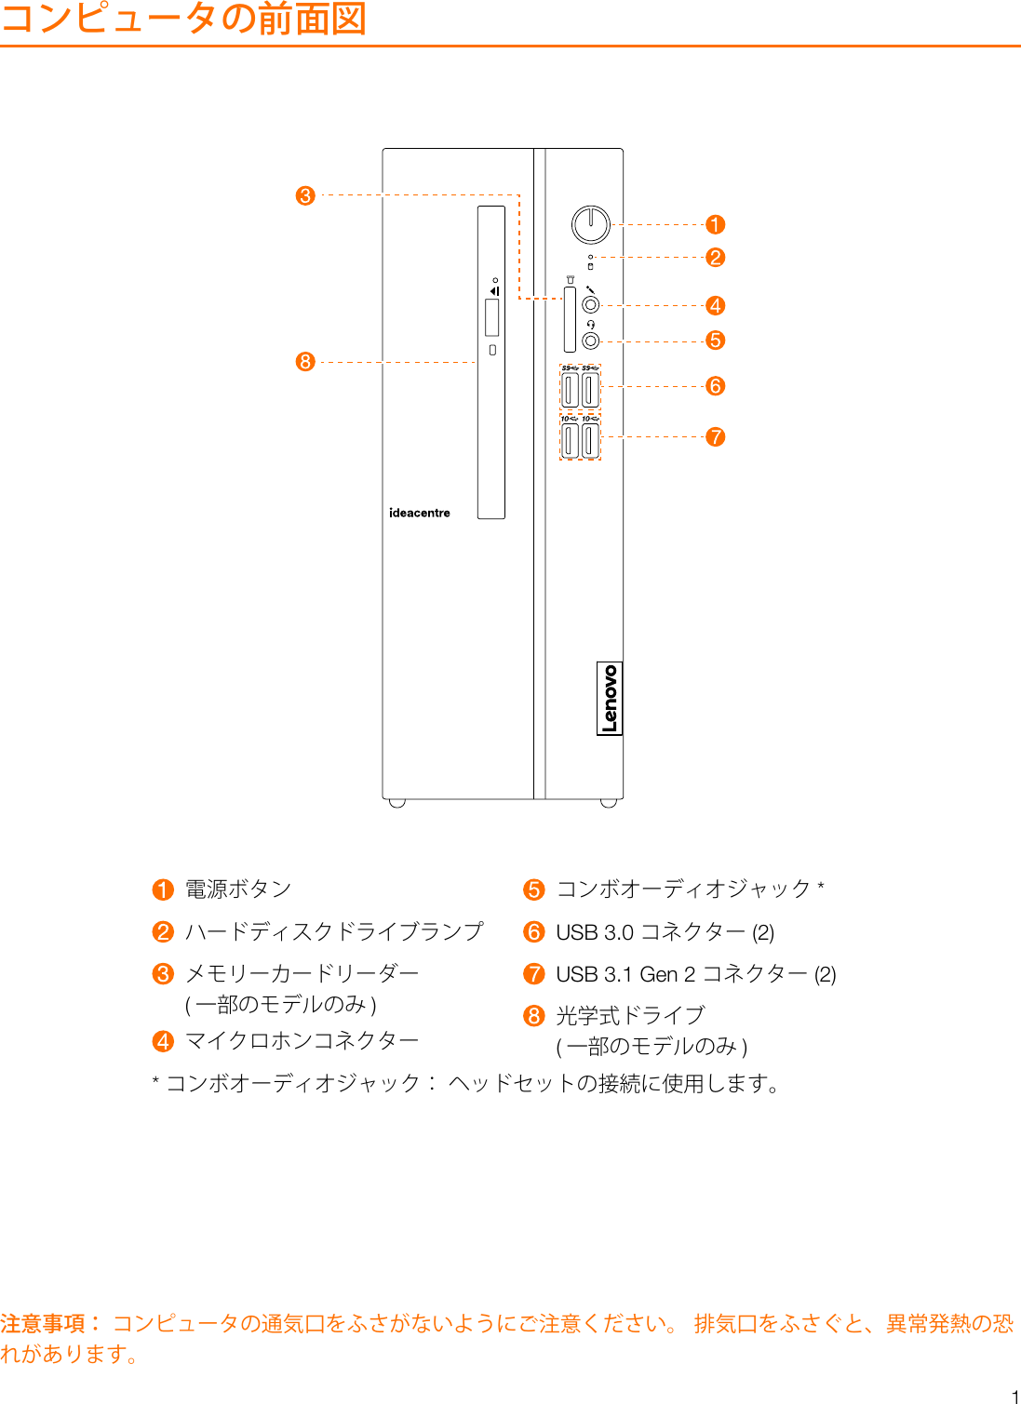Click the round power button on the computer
(x=591, y=224)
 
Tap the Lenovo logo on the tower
(x=609, y=699)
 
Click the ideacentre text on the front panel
(x=419, y=513)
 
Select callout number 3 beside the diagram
(x=305, y=196)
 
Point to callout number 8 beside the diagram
(x=305, y=362)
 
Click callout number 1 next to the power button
(x=715, y=225)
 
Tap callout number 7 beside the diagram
(x=715, y=436)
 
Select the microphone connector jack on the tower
(x=590, y=305)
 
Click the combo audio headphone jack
(x=590, y=341)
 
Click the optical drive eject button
(x=492, y=350)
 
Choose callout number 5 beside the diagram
(x=715, y=341)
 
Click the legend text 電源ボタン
(x=238, y=889)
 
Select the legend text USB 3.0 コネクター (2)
(x=665, y=932)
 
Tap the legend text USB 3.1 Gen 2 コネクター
(x=695, y=974)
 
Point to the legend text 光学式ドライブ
(x=630, y=1015)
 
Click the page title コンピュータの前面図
(x=183, y=19)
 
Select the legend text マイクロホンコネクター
(x=302, y=1040)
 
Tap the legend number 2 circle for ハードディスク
(x=163, y=932)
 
